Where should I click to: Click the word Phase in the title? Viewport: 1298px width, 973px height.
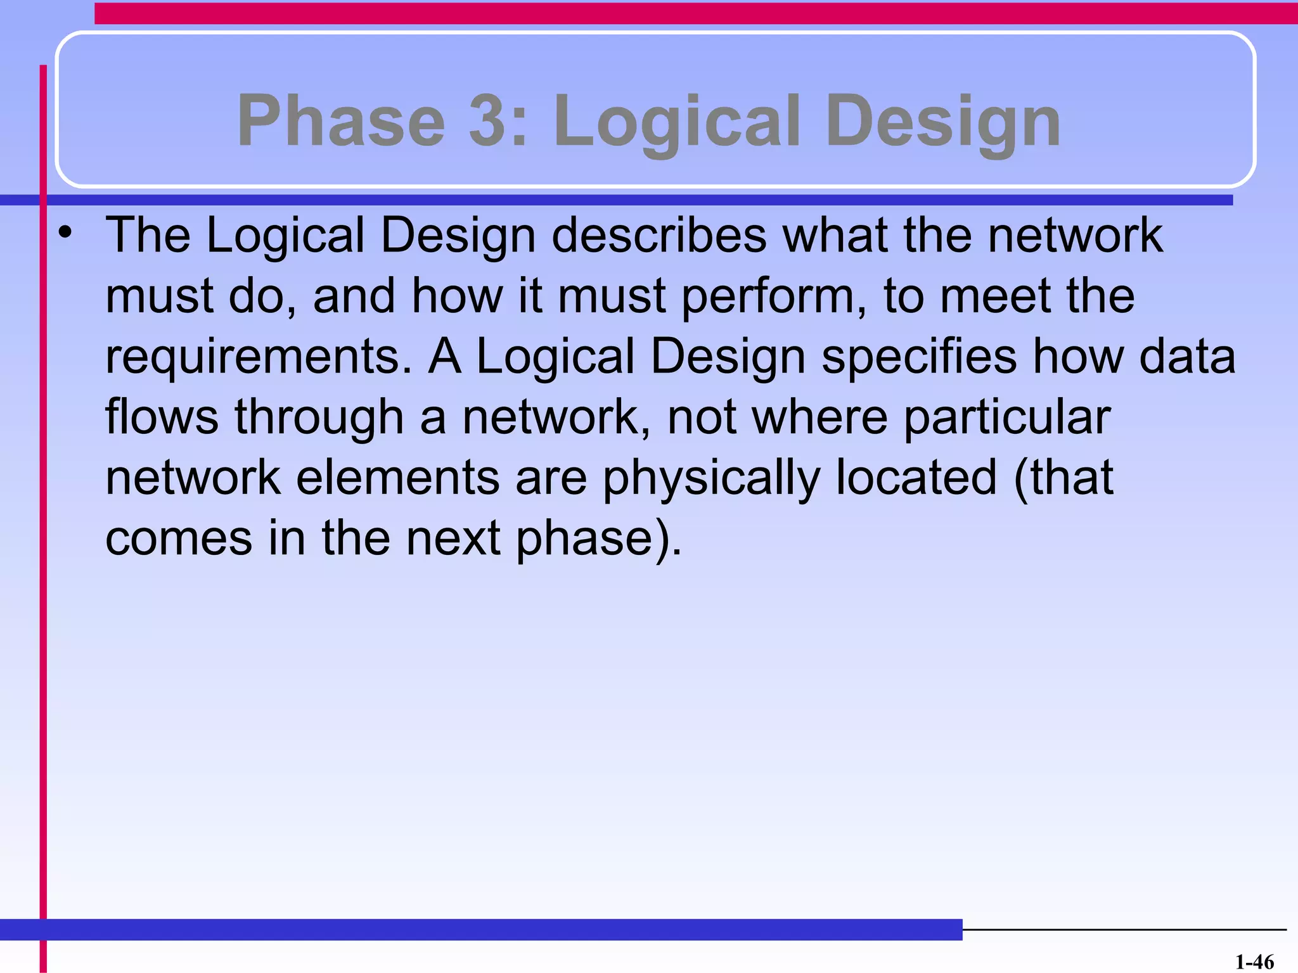tap(341, 120)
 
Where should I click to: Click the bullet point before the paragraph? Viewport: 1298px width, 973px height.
tap(65, 234)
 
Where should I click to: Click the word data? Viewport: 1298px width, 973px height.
tap(1187, 357)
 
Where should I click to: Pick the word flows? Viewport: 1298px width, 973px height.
tap(162, 417)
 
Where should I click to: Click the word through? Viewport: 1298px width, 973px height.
tap(319, 418)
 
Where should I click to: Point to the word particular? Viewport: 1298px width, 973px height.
tap(1007, 418)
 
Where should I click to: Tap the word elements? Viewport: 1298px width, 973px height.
tap(398, 478)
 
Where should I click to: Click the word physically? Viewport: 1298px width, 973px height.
tap(711, 479)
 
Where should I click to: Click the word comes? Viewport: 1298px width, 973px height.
tap(179, 538)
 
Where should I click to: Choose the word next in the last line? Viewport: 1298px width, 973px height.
tap(453, 538)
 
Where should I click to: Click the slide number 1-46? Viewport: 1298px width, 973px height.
tap(1254, 962)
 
